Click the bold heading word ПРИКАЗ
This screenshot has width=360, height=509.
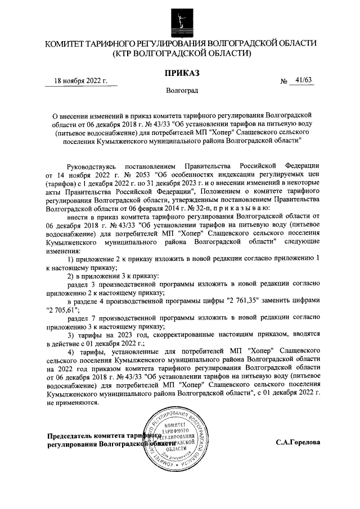181,72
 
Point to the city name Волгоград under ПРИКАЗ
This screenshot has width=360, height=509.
180,90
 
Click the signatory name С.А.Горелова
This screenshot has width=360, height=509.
298,442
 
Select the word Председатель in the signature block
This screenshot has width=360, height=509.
73,436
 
